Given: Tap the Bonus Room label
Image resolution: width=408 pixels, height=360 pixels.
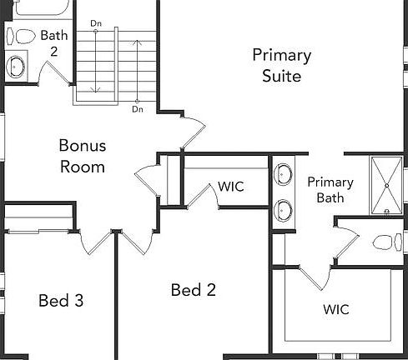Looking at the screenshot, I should click(82, 156).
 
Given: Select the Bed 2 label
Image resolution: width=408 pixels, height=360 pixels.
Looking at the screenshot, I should click(194, 290).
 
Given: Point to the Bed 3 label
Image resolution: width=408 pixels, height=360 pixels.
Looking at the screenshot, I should click(61, 300).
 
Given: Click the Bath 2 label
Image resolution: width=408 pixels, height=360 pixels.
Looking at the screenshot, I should click(54, 42).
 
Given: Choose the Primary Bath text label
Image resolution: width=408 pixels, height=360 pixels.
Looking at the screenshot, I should click(330, 190).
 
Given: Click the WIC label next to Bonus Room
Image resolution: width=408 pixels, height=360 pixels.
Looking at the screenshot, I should click(231, 186).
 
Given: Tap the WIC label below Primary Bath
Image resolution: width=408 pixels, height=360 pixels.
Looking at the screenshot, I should click(336, 309).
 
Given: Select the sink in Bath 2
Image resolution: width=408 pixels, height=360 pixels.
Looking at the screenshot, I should click(16, 66).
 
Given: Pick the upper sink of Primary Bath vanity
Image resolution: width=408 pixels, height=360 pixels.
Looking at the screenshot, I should click(284, 176).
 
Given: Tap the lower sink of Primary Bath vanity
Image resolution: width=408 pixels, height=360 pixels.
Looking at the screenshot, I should click(284, 210).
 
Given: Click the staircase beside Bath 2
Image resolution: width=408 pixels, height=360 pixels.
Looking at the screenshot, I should click(117, 62).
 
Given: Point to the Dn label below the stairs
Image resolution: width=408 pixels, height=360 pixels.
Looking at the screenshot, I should click(137, 109).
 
